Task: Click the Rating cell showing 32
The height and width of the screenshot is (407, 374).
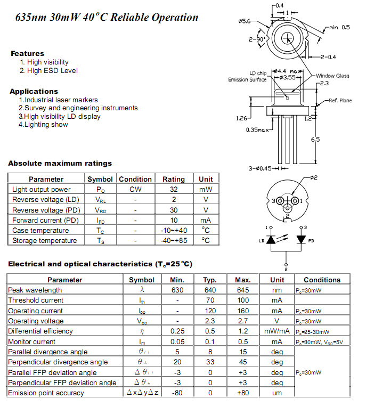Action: coord(174,189)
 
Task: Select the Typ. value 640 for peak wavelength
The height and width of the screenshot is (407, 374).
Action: coord(210,290)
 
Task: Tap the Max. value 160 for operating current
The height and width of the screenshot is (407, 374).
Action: coord(243,311)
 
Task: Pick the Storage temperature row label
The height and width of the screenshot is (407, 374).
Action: coord(44,241)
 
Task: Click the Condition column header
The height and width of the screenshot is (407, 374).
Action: coord(135,179)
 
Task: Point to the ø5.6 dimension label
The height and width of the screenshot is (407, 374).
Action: coord(245,21)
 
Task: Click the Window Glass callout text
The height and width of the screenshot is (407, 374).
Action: coord(332,76)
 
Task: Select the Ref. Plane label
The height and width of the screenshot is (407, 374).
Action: coord(340,101)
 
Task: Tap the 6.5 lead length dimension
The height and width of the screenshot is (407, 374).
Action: coord(315,140)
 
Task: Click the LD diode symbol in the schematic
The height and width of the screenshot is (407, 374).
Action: coord(271,240)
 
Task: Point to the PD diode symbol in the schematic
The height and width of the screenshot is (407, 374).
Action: coord(301,239)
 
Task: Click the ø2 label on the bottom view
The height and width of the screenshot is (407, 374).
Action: coord(314,177)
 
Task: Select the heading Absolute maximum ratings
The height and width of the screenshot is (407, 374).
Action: coord(60,163)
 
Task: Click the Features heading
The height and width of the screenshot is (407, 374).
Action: coord(28,53)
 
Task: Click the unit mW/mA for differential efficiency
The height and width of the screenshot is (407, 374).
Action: coord(277,331)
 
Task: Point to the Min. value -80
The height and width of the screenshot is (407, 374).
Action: coord(177,393)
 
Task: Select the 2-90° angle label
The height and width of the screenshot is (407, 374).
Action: coord(257,39)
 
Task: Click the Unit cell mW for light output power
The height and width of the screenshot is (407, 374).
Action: coord(206,190)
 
